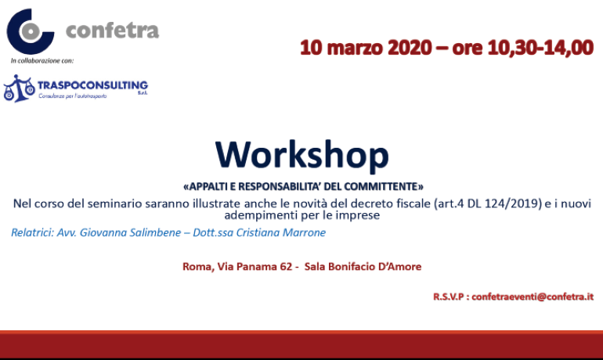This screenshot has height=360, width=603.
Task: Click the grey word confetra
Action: pos(112,31)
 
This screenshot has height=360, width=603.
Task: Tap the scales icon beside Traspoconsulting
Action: pos(19,88)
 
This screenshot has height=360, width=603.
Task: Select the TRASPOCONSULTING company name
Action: pos(92,85)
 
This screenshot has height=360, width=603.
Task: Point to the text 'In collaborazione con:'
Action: pos(42,61)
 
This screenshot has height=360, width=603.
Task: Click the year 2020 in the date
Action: pos(410,48)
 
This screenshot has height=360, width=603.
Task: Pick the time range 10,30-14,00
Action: pos(540,48)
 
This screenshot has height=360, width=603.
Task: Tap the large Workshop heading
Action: pos(301,155)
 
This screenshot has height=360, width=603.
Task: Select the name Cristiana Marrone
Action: pos(280,232)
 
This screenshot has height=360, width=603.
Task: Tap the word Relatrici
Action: pos(32,232)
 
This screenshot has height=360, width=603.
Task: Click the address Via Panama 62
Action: pos(255,267)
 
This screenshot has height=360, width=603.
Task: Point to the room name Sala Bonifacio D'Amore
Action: pos(363,267)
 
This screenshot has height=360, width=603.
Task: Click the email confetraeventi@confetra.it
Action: pos(533,297)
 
